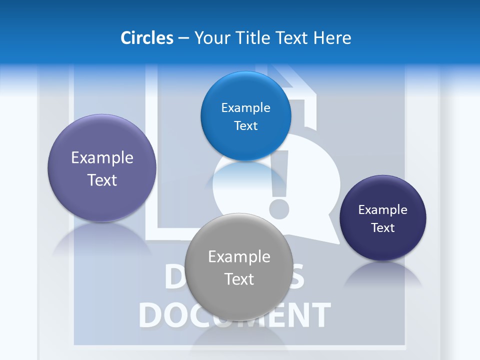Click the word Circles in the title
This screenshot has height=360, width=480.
(x=147, y=38)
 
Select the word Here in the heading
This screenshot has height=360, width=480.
(x=332, y=38)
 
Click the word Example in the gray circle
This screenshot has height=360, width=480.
(x=239, y=256)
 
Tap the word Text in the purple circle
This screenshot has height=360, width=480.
(x=102, y=180)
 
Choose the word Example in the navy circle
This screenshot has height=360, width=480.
(x=383, y=209)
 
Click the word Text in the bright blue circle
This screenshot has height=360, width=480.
(x=245, y=126)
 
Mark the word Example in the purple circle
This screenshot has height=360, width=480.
(x=102, y=157)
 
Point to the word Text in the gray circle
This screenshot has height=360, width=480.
(x=239, y=279)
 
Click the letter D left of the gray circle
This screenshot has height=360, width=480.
(x=173, y=280)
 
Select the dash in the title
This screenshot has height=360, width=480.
(x=183, y=38)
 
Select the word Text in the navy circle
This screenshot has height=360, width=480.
(x=383, y=227)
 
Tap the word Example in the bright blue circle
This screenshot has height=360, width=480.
(x=245, y=108)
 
